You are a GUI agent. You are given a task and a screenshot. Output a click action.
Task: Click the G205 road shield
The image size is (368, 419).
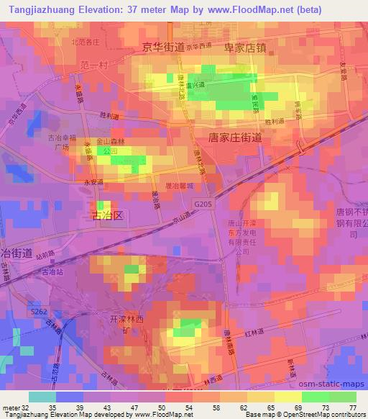[203, 204]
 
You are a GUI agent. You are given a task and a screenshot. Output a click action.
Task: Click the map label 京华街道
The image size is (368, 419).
[163, 48]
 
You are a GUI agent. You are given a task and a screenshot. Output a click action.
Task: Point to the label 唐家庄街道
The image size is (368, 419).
[235, 138]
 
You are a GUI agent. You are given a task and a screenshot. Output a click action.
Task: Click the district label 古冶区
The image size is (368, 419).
[109, 215]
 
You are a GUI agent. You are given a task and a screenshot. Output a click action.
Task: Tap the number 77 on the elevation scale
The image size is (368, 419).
[351, 407]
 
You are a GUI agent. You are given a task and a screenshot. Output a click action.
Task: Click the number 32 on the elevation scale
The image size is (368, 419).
[26, 407]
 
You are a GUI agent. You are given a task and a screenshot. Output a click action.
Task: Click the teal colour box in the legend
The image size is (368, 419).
[42, 397]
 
